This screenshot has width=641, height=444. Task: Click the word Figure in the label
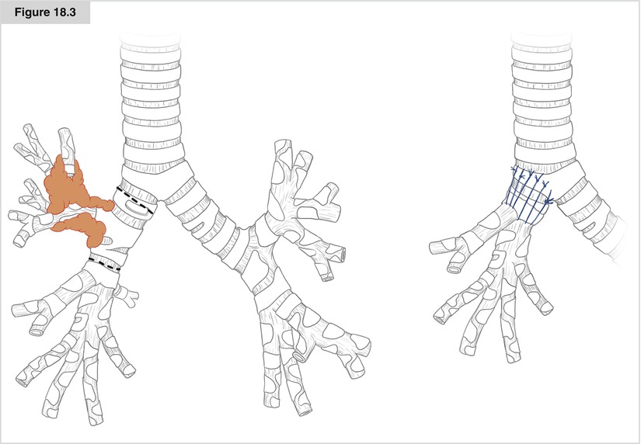tap(32, 12)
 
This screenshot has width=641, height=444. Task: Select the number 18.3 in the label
tap(64, 12)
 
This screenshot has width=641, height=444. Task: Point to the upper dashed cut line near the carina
tap(135, 200)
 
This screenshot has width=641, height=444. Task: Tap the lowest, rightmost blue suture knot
tap(549, 201)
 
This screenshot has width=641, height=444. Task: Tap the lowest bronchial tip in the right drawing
tap(514, 357)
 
